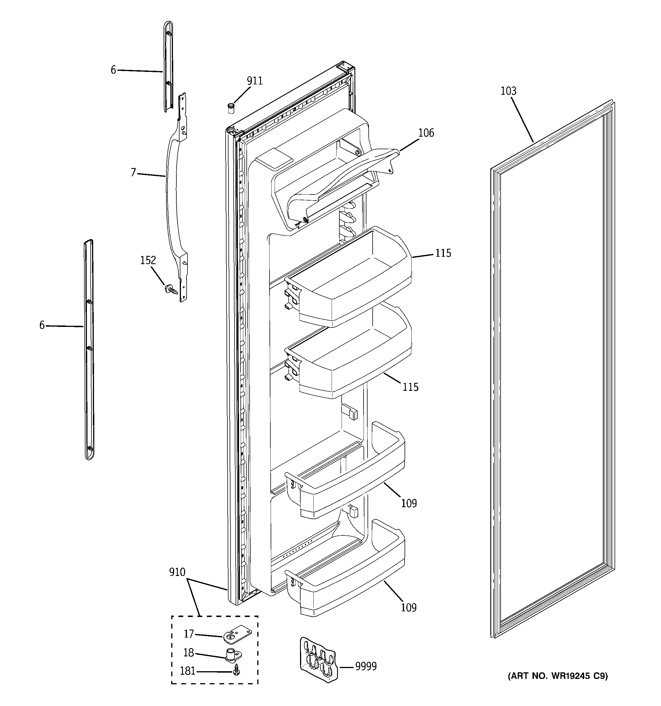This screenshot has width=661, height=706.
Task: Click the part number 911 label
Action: (x=255, y=81)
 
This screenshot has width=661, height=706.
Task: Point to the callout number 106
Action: (x=426, y=133)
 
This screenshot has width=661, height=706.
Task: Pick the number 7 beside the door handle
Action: (x=133, y=173)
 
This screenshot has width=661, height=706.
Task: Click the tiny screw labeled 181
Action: (x=236, y=671)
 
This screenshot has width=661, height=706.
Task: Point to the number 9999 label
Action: (x=366, y=667)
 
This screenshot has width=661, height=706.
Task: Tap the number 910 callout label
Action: (x=177, y=572)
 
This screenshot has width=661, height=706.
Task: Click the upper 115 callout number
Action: (x=443, y=253)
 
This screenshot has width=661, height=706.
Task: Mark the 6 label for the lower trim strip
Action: (x=42, y=325)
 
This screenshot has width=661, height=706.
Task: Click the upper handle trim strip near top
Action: (x=168, y=68)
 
